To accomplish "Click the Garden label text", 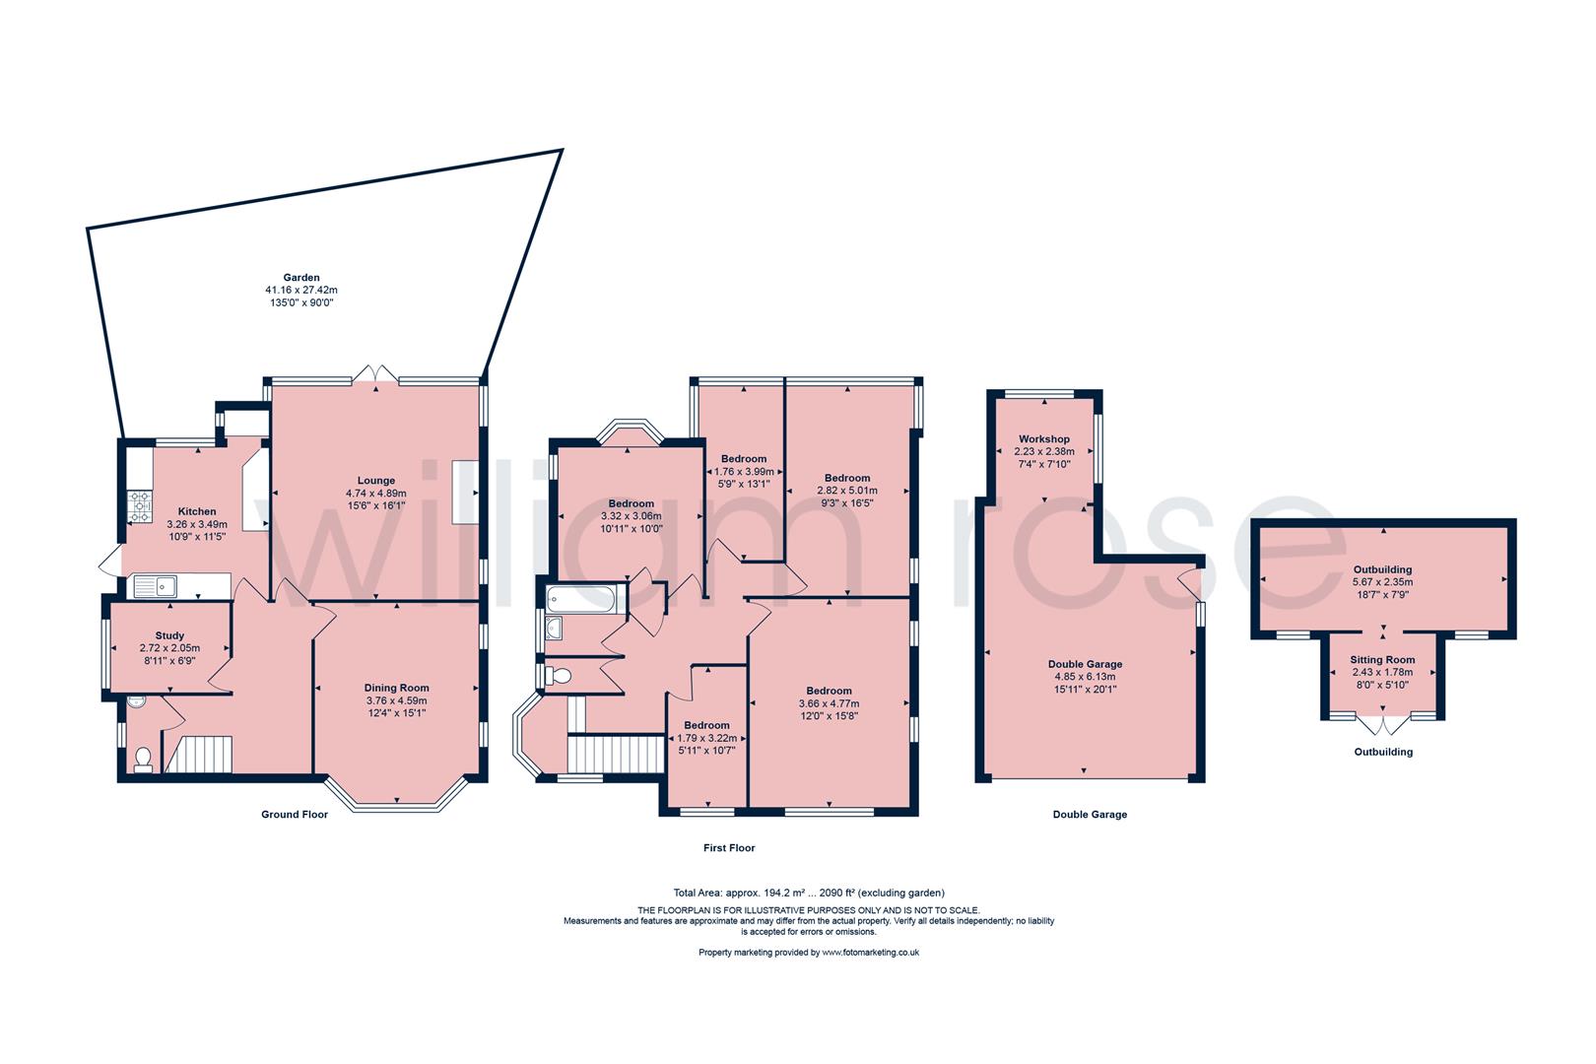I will [x=301, y=278].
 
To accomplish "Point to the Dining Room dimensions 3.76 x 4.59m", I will [x=396, y=700].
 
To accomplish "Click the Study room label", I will [x=169, y=635].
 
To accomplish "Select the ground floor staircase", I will [x=200, y=754].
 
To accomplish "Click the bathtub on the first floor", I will [x=580, y=598].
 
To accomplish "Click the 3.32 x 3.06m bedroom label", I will [x=631, y=503].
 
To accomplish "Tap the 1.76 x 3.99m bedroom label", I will [x=743, y=459].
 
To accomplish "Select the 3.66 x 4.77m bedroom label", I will [x=829, y=691].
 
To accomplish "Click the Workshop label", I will [x=1043, y=438].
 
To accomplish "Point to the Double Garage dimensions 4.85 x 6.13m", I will [x=1085, y=677].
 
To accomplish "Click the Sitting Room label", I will [x=1382, y=660].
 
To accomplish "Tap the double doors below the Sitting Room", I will [x=1383, y=726].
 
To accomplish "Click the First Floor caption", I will [x=729, y=847].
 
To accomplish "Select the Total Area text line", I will [x=807, y=893].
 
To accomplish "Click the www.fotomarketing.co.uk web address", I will [x=870, y=953].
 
